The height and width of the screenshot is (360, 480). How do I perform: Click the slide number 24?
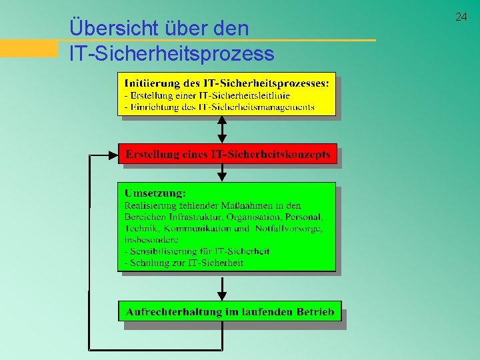[461, 17]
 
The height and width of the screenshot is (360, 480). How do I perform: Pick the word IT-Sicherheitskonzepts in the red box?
[270, 155]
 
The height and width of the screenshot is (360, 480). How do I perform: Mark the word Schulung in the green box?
[150, 263]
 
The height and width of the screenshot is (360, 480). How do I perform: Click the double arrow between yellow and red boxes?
[223, 129]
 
